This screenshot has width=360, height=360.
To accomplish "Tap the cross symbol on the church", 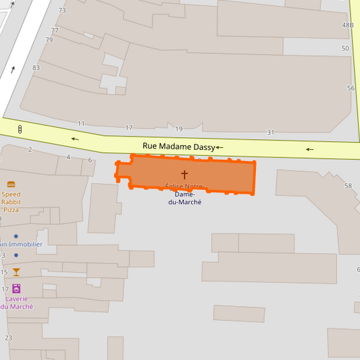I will [x=184, y=174].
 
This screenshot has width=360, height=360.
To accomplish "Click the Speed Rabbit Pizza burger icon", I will [x=11, y=184].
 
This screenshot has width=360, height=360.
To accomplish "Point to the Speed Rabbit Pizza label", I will [x=11, y=202].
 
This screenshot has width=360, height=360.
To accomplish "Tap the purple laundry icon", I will [x=16, y=288].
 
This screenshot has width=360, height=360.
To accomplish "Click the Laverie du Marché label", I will [x=18, y=303].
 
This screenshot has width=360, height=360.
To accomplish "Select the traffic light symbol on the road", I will [x=20, y=129].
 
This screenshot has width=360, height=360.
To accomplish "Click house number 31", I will [x=271, y=132].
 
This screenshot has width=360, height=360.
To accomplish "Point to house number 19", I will [x=179, y=129].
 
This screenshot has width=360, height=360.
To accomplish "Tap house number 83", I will [x=36, y=68].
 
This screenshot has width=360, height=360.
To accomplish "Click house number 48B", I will [x=348, y=25].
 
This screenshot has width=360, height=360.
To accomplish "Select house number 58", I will [x=349, y=186].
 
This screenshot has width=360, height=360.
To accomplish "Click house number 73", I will [x=62, y=10].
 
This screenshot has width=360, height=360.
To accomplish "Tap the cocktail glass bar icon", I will [x=16, y=272].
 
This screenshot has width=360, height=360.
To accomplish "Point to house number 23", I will [x=9, y=338].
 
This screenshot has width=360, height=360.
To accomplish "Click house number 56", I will [x=351, y=88].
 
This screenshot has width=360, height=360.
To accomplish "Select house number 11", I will [x=81, y=124].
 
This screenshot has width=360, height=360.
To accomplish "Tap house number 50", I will [x=346, y=49].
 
